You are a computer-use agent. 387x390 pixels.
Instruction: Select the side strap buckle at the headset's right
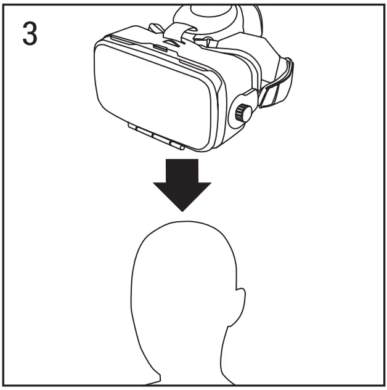tap(269, 92)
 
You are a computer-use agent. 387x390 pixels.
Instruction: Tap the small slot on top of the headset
tap(161, 47)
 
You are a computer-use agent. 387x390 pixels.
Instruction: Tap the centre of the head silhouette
tap(182, 296)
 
